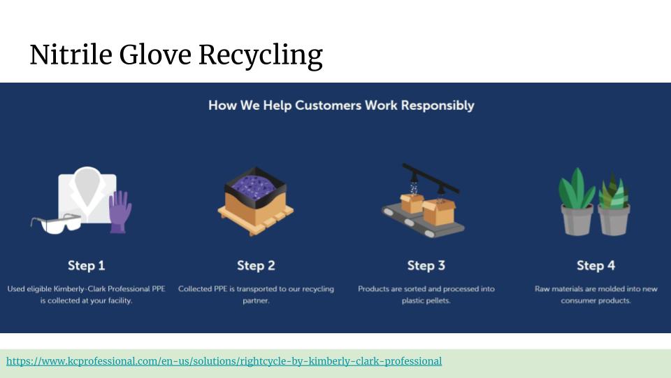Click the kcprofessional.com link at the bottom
coord(224,361)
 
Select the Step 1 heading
coord(86,265)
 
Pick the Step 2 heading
coord(256,265)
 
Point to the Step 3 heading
coord(426,265)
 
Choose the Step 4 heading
coord(596,265)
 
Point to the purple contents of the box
coord(255,186)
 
